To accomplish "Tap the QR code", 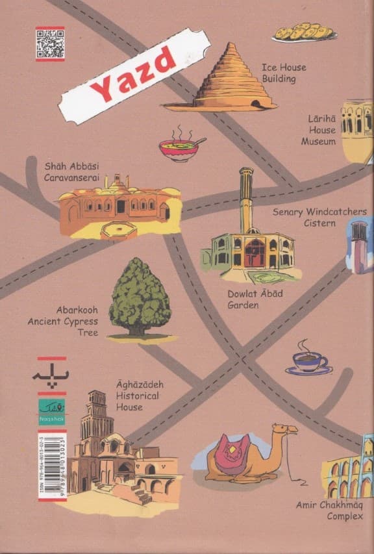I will coord(49,44).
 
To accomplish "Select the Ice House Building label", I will coord(284,73).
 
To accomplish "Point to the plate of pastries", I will coord(303,32).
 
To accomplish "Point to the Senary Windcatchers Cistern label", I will coord(319,218).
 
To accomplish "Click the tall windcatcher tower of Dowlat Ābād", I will coord(245,201).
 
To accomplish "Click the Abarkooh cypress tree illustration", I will coord(140,299).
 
